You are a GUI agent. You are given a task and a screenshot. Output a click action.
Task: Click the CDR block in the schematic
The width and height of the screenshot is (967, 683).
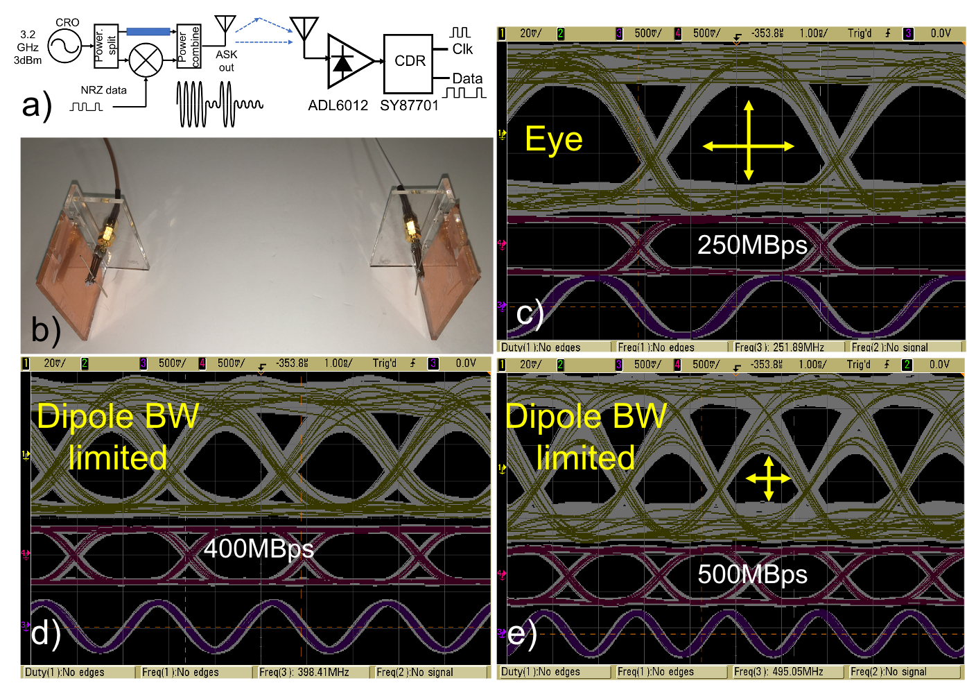pos(409,62)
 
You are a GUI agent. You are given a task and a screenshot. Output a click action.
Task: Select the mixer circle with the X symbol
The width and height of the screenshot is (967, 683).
pos(146,60)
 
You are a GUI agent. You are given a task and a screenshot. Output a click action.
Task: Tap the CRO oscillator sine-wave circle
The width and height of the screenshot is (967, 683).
pos(65,46)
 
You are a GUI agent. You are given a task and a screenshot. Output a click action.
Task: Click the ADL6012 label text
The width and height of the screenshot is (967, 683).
pos(338,105)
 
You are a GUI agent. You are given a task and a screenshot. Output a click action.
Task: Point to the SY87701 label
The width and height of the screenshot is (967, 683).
pos(409,105)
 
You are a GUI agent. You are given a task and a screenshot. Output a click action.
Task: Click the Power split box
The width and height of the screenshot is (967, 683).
pos(106,46)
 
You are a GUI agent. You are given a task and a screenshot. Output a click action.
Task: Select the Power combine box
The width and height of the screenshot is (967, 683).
pos(189,46)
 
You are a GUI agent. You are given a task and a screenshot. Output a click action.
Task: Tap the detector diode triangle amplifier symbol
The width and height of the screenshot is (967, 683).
pos(346,61)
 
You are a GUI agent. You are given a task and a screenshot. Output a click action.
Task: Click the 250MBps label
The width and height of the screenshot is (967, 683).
pos(752,245)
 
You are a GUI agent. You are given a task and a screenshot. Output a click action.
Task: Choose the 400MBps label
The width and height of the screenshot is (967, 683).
pos(259,548)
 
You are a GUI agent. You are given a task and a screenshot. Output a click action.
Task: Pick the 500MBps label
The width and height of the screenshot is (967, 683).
pos(752,574)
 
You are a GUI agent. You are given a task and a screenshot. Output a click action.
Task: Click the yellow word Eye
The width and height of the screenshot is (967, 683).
pos(553,139)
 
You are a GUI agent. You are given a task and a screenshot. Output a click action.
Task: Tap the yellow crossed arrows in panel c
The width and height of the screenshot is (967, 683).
pos(749,146)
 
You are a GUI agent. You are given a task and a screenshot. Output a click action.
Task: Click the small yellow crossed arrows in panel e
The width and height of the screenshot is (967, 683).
pos(768,478)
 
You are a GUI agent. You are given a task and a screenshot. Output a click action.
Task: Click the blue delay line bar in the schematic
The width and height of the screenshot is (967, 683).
pos(148,31)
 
